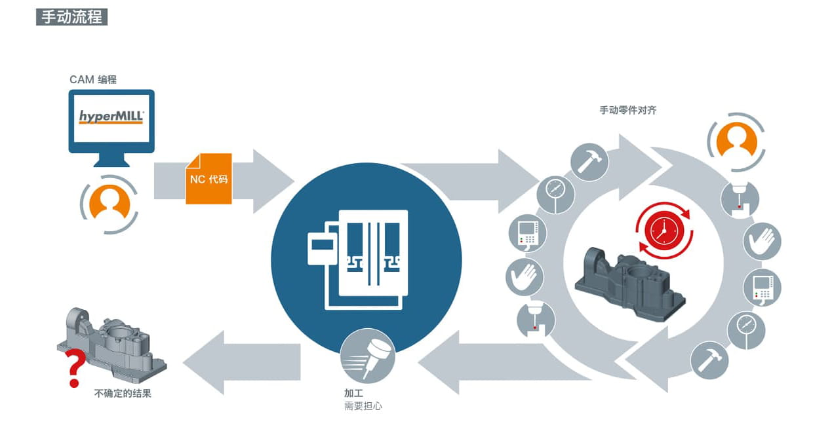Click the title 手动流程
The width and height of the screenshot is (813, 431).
tap(71, 17)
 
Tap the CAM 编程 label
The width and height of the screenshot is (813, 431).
tap(93, 79)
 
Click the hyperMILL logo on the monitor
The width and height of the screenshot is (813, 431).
tap(111, 117)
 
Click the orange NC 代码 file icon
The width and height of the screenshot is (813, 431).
tap(208, 179)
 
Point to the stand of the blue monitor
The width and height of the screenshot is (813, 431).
tap(111, 160)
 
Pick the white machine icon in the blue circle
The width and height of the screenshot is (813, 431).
tap(358, 259)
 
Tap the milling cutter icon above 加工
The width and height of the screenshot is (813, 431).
tap(367, 356)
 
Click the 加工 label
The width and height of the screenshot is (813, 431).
tap(353, 393)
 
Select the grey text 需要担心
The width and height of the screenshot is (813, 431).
tap(363, 406)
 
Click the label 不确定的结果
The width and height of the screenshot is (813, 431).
tap(123, 393)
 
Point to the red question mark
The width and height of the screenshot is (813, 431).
tap(75, 368)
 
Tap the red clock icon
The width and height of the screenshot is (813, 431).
tap(664, 231)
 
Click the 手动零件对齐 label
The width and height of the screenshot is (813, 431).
tap(628, 110)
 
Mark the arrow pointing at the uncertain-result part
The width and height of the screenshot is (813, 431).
tap(242, 362)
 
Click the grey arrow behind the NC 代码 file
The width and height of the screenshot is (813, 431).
tap(224, 181)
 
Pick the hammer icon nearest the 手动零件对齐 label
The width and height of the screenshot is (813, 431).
tap(589, 162)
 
